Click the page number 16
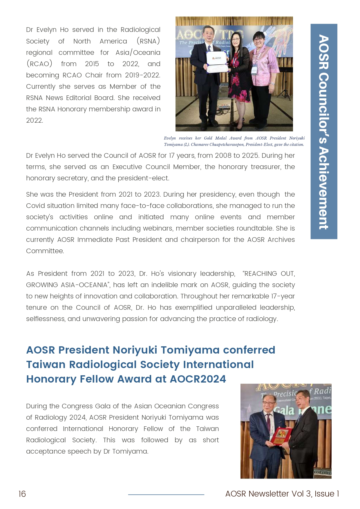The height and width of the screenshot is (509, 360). (x=22, y=494)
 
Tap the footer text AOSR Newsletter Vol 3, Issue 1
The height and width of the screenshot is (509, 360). (x=282, y=494)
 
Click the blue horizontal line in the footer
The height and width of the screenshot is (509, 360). (x=166, y=494)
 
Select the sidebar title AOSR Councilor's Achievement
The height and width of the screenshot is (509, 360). (x=324, y=132)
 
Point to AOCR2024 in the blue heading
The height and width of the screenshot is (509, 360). (x=198, y=379)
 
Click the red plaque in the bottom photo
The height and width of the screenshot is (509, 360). (x=280, y=435)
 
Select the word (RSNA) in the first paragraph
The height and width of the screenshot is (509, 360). (x=148, y=41)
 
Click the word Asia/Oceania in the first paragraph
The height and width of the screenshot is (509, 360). (x=138, y=52)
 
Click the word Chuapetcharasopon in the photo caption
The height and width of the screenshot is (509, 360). (x=227, y=144)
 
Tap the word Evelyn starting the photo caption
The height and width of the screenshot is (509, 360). (x=170, y=138)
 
